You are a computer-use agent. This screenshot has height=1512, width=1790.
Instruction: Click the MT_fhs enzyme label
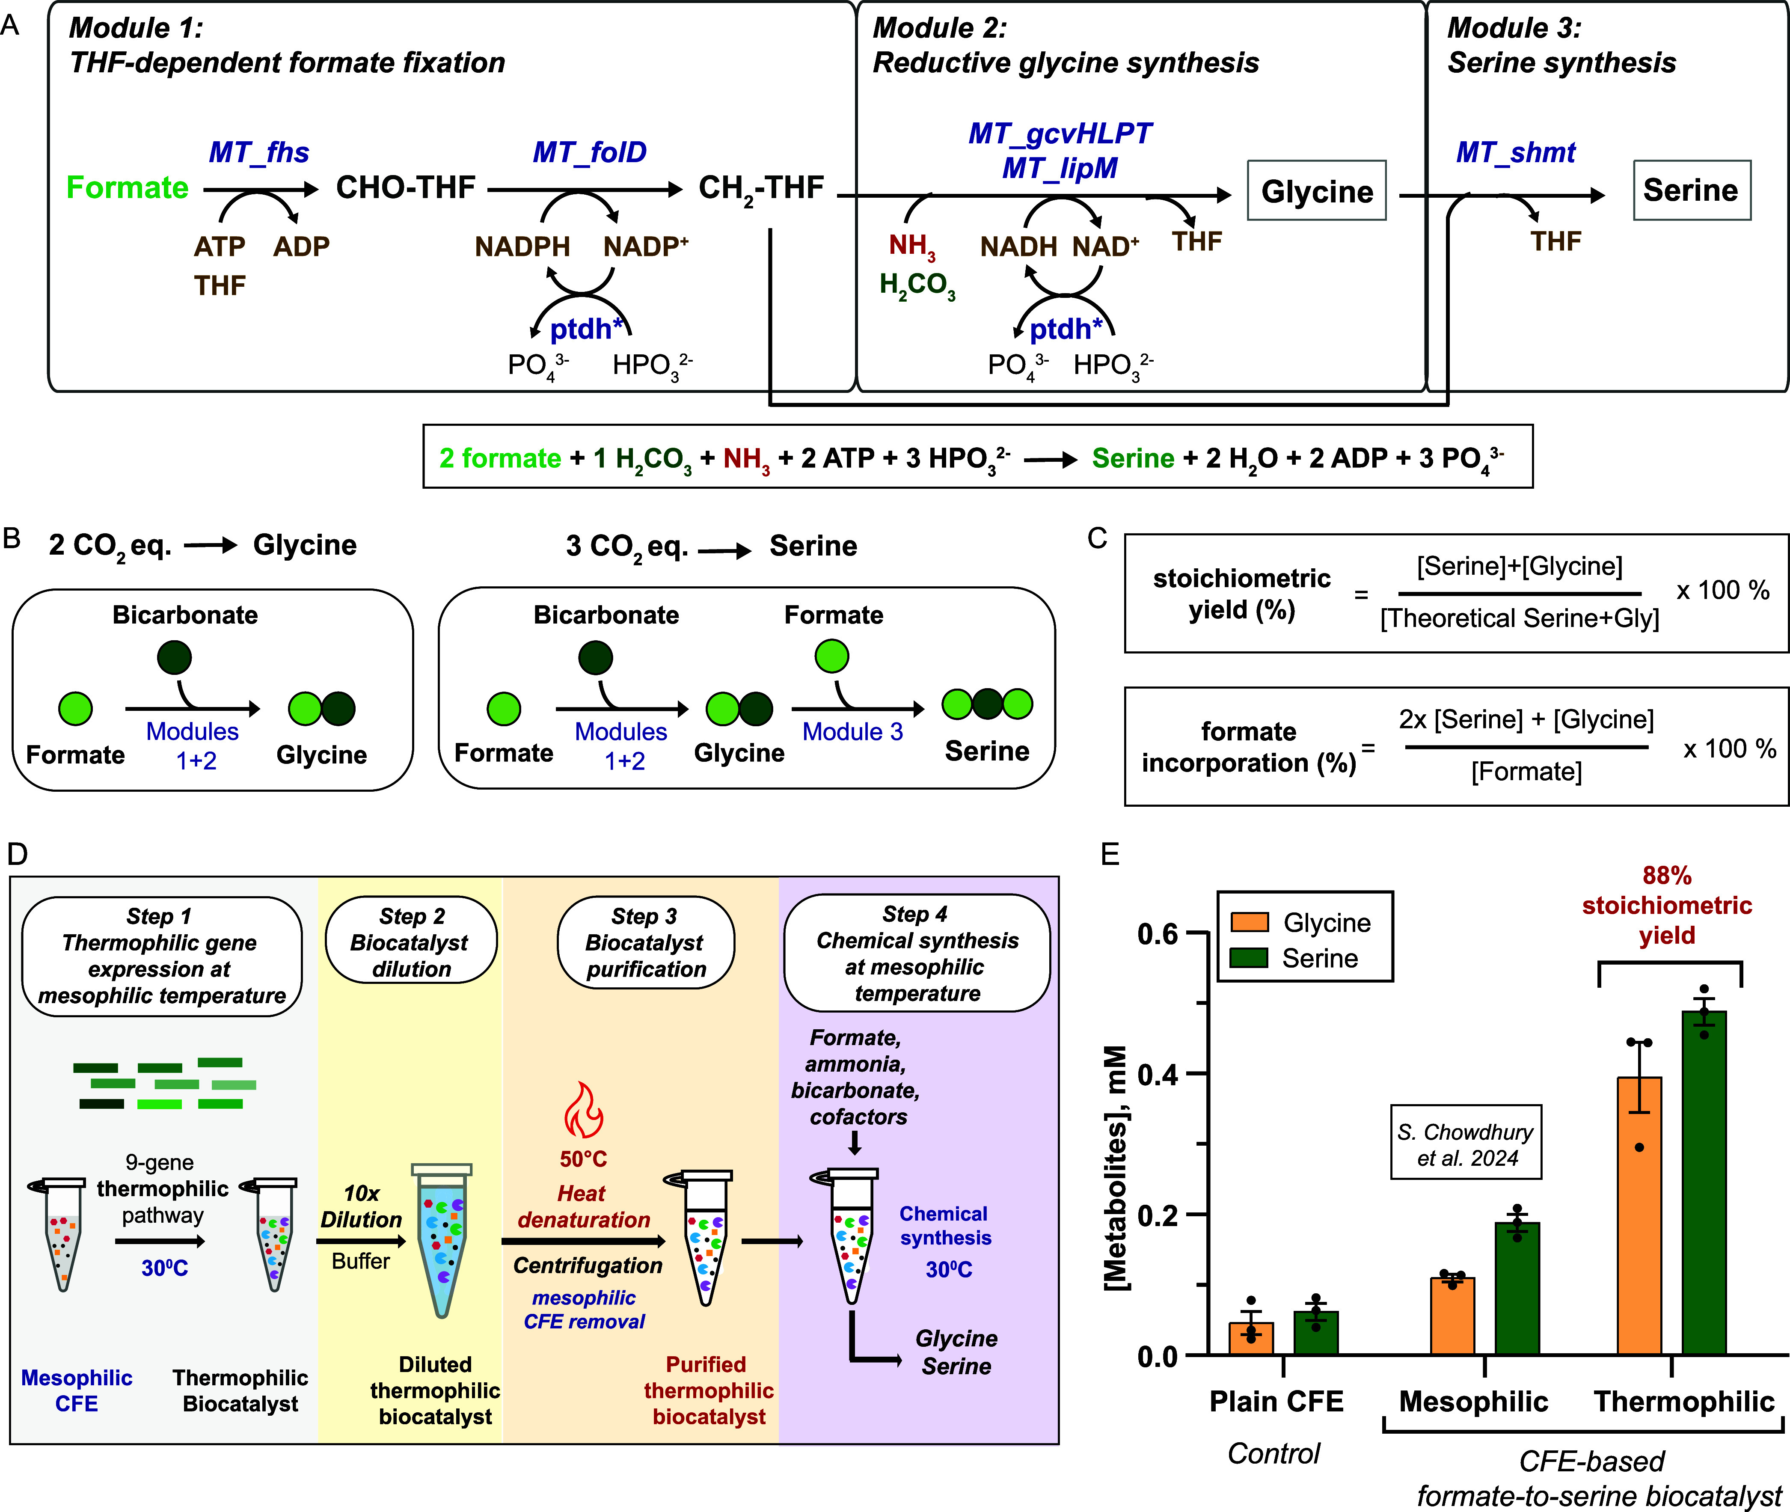[259, 153]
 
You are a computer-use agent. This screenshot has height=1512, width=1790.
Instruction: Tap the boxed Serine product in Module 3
[1691, 190]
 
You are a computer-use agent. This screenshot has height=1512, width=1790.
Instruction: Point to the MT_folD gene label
[590, 153]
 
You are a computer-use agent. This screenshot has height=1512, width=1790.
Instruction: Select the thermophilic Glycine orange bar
[1639, 1216]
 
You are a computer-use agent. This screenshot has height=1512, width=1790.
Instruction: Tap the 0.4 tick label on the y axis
[1158, 1074]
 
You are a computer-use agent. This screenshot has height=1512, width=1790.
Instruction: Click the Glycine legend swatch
[1249, 921]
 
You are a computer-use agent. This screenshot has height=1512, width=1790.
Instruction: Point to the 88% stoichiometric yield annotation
[1667, 905]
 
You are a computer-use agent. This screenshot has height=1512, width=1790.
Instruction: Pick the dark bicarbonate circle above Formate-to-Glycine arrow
[175, 657]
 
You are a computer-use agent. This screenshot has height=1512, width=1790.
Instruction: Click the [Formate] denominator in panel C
[1526, 772]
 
